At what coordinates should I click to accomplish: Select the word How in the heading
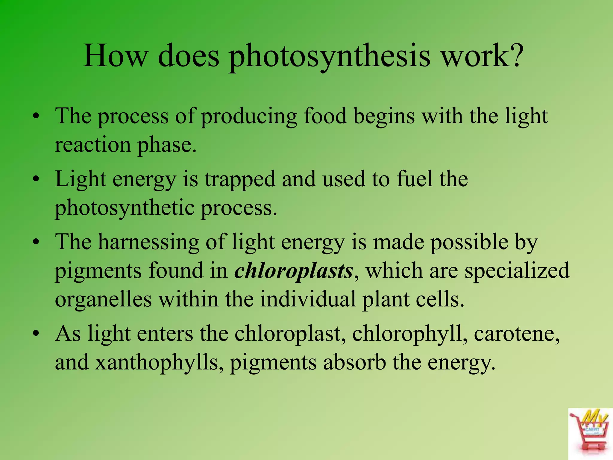tap(116, 56)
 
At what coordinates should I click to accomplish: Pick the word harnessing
tap(148, 242)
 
